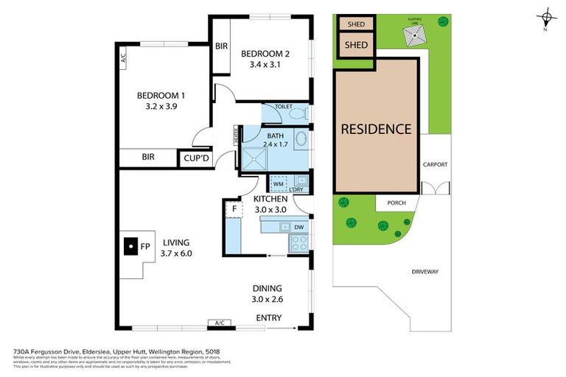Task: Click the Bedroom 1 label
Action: click(x=161, y=95)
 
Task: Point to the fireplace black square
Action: click(x=130, y=246)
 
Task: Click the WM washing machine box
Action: click(x=279, y=185)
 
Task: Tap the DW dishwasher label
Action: click(x=298, y=227)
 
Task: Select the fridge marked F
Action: click(x=234, y=208)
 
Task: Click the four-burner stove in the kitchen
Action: click(x=299, y=244)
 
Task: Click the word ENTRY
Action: click(x=268, y=317)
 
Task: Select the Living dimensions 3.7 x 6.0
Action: click(x=176, y=253)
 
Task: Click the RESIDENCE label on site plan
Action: click(x=376, y=129)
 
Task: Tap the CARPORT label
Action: click(x=434, y=165)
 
